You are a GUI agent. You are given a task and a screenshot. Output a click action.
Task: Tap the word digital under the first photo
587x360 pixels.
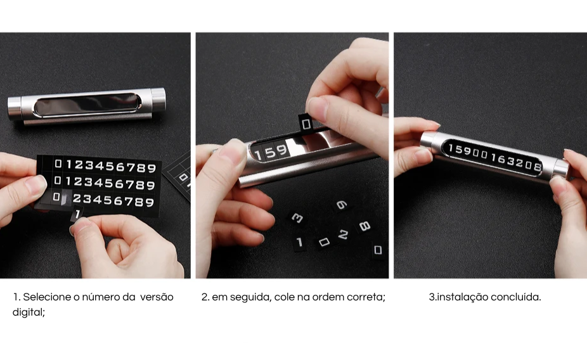[x=29, y=312]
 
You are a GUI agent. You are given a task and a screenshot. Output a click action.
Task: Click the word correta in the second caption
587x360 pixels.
[x=366, y=297]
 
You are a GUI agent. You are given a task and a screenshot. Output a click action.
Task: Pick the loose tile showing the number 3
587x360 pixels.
[x=297, y=218]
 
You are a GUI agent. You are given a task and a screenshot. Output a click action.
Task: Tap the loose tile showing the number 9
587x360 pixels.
[x=342, y=205]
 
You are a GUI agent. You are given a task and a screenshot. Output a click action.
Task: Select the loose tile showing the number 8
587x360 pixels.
[x=364, y=226]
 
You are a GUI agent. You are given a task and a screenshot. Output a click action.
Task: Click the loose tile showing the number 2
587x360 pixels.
[x=343, y=235]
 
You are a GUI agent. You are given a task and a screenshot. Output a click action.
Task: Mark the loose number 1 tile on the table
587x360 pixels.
[x=299, y=243]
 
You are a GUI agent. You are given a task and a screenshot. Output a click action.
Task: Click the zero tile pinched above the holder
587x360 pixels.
[x=306, y=124]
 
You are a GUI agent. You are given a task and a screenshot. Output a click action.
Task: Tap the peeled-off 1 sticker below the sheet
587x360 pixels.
[x=77, y=214]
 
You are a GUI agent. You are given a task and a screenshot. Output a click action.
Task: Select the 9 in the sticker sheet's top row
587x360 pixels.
[x=152, y=168]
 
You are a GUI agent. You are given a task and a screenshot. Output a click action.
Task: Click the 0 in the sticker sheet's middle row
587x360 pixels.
[x=57, y=181]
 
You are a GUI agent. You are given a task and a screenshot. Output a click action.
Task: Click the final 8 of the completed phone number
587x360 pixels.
[x=537, y=167]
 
